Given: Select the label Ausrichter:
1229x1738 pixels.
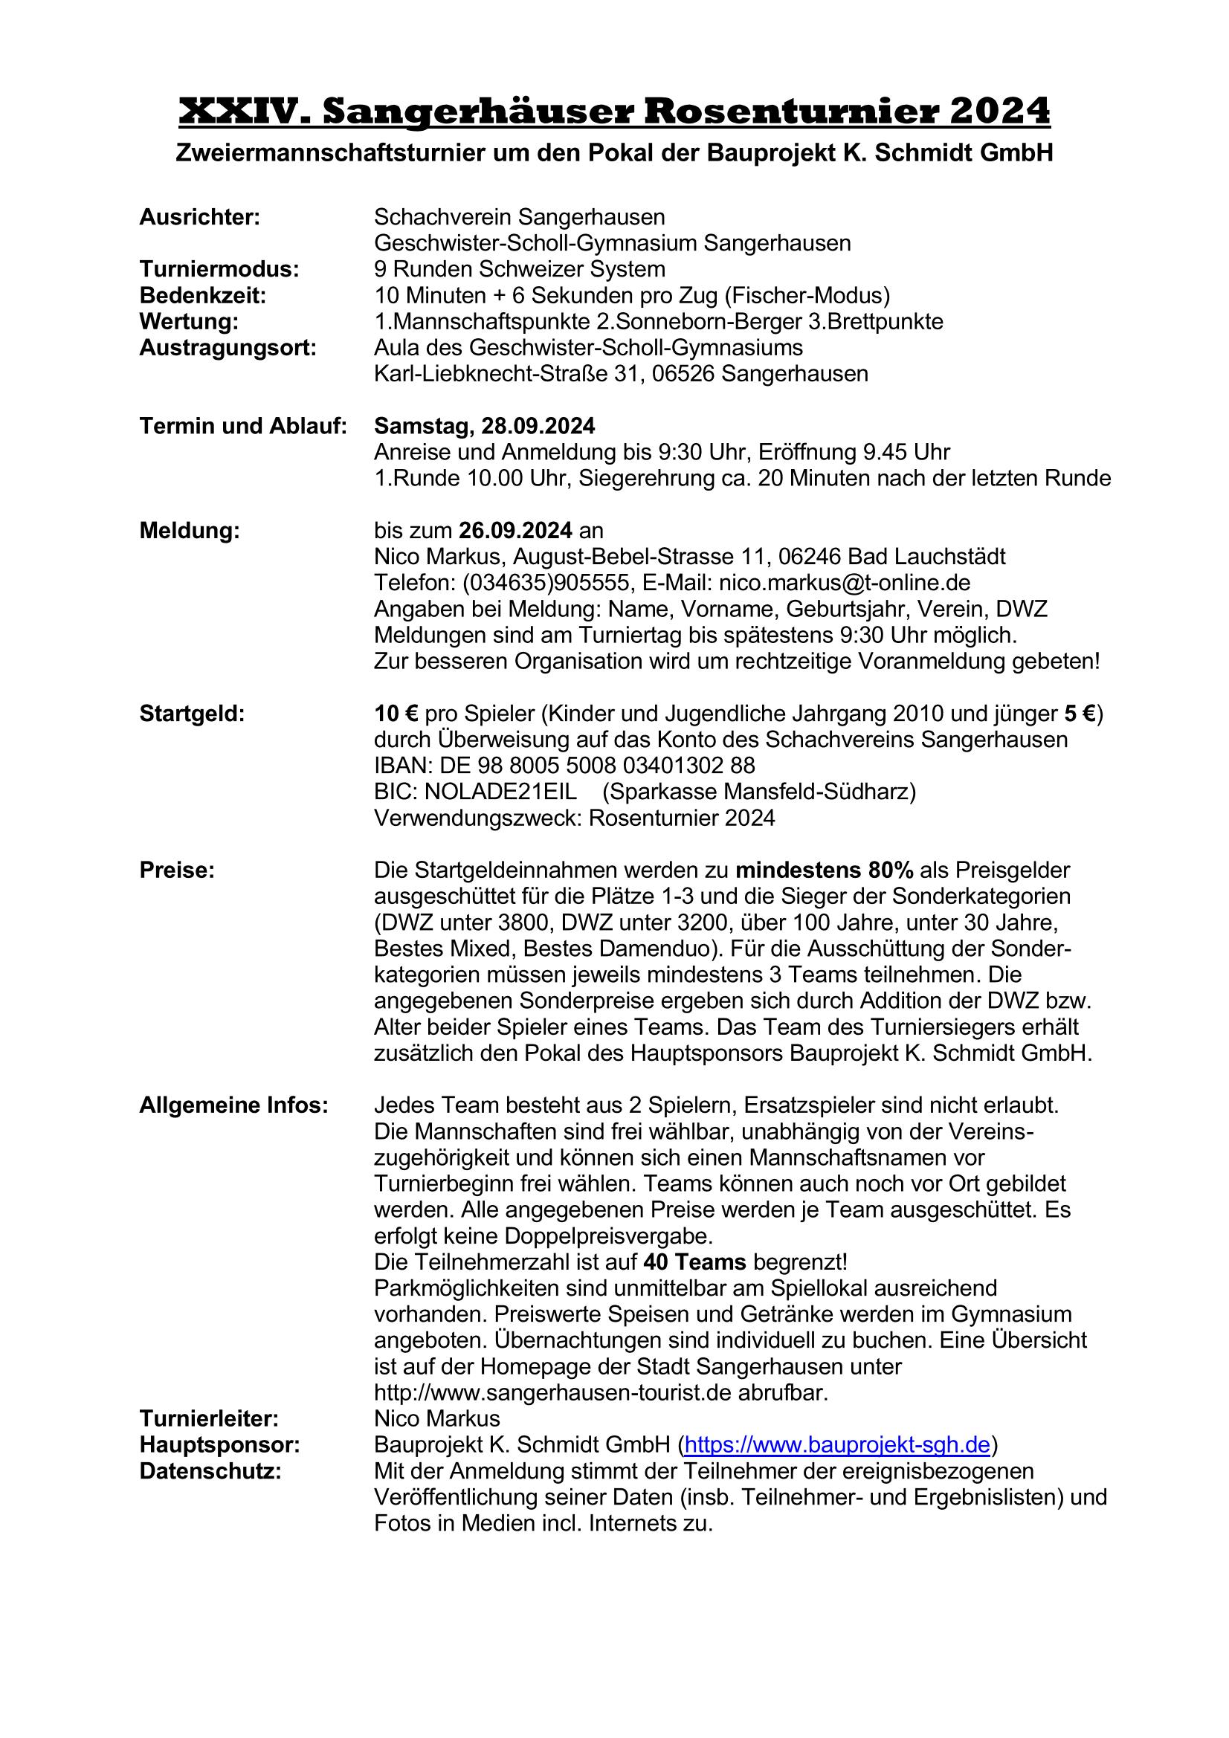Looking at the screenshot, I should pyautogui.click(x=199, y=217).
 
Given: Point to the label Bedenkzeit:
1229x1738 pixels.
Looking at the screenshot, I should pyautogui.click(x=202, y=295).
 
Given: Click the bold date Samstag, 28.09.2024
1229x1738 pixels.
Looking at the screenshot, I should pyautogui.click(x=484, y=426).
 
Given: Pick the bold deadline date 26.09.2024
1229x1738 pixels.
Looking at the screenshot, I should pyautogui.click(x=515, y=531).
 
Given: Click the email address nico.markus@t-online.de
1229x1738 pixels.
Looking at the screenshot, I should pyautogui.click(x=844, y=583).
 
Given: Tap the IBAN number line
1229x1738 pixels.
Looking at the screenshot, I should pyautogui.click(x=564, y=765).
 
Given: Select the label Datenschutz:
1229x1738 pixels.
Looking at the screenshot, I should pyautogui.click(x=210, y=1472).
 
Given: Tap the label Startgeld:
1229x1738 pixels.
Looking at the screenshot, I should pyautogui.click(x=192, y=714).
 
